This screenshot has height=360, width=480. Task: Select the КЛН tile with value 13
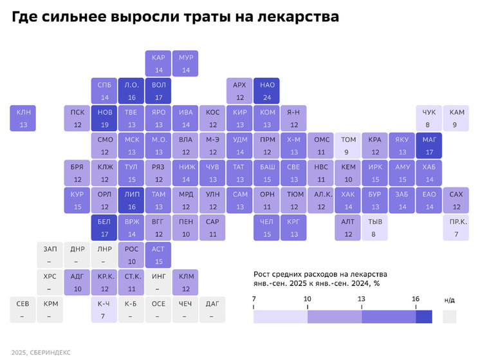[x=23, y=118]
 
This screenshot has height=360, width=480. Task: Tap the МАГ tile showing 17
[x=429, y=145]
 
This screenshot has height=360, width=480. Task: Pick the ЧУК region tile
[x=429, y=118]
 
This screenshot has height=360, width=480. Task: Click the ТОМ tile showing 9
[x=347, y=145]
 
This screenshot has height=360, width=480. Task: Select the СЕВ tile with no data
[x=23, y=309]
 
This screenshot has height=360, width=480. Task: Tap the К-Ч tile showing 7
[x=104, y=309]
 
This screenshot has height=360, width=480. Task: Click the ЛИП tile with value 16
[x=131, y=200]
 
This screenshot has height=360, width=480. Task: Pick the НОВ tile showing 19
[x=104, y=118]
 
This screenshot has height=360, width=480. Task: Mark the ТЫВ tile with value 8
[x=374, y=226]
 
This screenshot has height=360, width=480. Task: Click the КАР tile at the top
[x=158, y=64]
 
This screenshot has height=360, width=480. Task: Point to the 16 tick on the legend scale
[x=416, y=299]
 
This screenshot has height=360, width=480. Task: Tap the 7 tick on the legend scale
[x=254, y=299]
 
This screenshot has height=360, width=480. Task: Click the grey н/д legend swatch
[x=449, y=316]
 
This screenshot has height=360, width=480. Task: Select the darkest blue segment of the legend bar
[x=423, y=316]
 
